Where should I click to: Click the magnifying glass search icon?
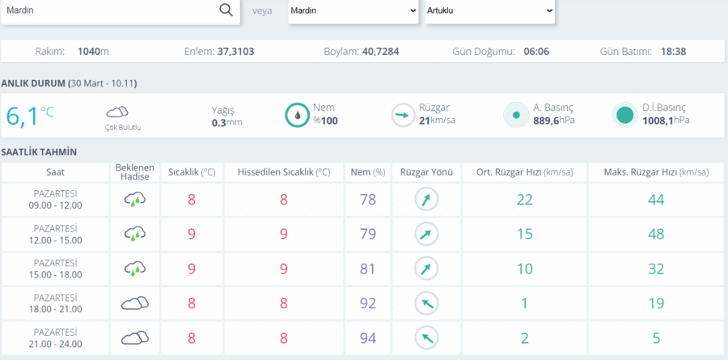(226, 11)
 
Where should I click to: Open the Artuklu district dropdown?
(490, 11)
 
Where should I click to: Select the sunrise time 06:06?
(536, 52)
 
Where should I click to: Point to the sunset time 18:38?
(673, 52)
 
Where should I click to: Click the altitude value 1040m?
(93, 52)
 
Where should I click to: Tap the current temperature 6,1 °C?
(30, 116)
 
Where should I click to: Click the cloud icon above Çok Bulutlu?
(117, 112)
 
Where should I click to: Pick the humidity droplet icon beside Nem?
(297, 115)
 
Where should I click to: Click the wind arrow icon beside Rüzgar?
(403, 115)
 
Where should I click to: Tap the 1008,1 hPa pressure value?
(666, 121)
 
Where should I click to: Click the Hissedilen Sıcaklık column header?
(284, 172)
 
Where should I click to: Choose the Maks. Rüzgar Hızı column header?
(657, 172)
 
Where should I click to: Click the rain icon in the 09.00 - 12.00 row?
(135, 200)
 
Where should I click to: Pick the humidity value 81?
(368, 269)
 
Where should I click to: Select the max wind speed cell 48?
(656, 234)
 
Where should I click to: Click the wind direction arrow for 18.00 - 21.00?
(426, 303)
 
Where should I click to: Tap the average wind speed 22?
(525, 200)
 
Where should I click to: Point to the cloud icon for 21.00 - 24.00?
(135, 337)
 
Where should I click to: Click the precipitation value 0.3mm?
(227, 122)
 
